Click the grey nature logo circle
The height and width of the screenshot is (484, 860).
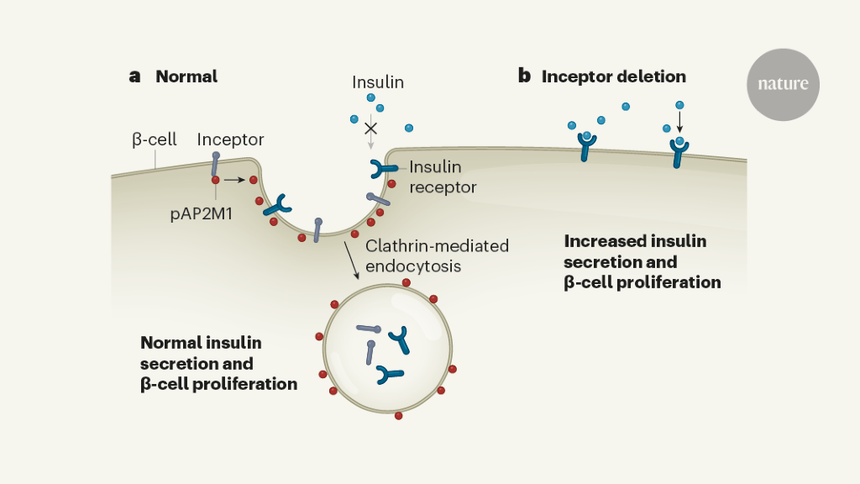click(x=783, y=84)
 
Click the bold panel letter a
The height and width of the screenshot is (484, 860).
click(x=134, y=76)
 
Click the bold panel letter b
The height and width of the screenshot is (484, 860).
click(x=524, y=76)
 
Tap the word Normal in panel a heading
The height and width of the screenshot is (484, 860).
click(x=186, y=76)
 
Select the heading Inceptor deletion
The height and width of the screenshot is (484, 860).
click(x=614, y=76)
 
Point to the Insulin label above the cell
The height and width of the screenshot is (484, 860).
click(x=378, y=82)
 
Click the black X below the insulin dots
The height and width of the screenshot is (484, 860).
click(x=370, y=129)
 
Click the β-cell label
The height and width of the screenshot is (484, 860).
click(x=154, y=139)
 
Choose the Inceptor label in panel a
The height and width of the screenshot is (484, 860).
click(x=230, y=139)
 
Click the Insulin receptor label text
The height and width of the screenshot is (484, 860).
click(x=443, y=177)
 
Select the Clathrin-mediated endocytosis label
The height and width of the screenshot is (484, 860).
click(x=437, y=255)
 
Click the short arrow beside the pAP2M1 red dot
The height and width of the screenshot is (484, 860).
click(x=235, y=180)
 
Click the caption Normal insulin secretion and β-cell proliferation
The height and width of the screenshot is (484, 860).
click(x=218, y=363)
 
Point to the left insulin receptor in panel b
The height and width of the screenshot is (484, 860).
click(x=587, y=149)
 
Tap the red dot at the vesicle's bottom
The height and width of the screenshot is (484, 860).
click(x=398, y=415)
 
